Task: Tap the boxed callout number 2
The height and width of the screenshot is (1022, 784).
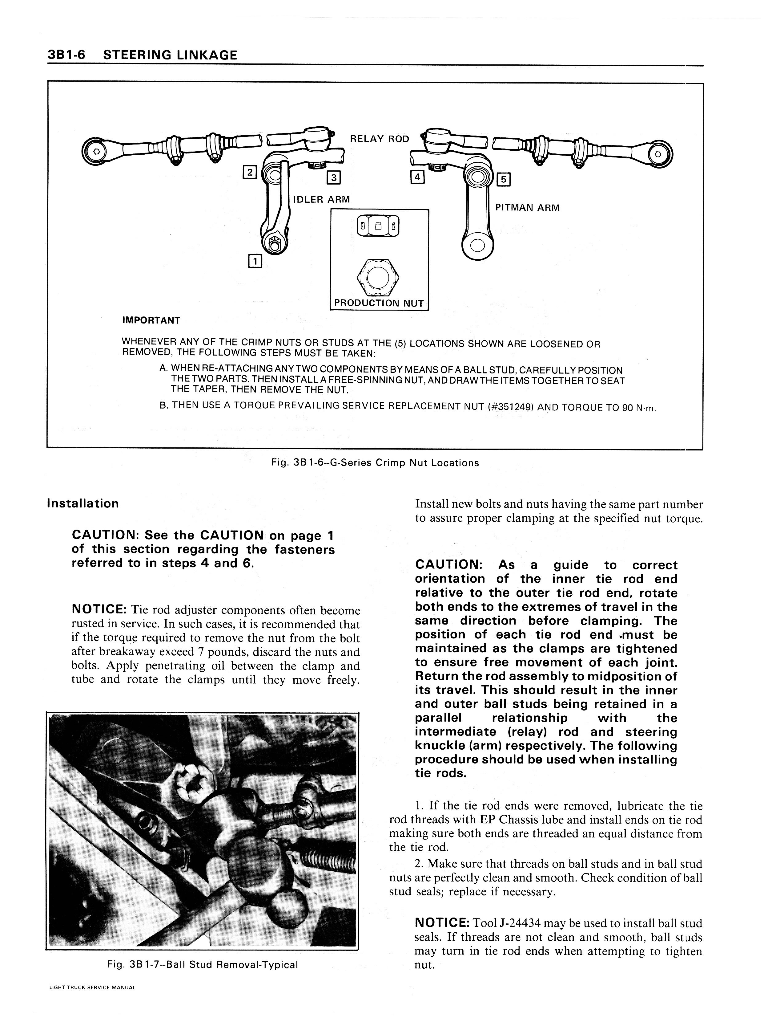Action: [x=250, y=172]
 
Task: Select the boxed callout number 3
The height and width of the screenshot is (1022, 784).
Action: [x=334, y=177]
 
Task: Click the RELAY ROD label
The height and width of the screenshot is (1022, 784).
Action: [x=380, y=139]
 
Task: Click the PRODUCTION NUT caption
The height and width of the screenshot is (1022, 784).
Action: [x=379, y=303]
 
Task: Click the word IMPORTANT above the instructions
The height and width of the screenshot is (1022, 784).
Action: [x=151, y=320]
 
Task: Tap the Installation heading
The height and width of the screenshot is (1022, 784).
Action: [x=83, y=503]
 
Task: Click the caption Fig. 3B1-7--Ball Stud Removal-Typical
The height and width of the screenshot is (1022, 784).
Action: [x=203, y=965]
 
